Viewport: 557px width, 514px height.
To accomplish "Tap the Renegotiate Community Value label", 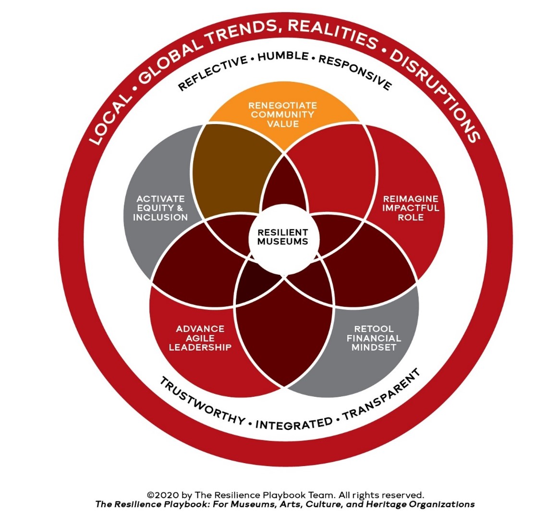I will pos(282,115).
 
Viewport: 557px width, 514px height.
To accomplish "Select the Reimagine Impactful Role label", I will pos(410,208).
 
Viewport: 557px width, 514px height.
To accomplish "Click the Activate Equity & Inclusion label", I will pos(160,208).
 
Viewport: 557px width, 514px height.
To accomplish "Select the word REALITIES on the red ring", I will pos(331,33).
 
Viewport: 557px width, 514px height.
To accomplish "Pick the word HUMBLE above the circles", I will pos(283,57).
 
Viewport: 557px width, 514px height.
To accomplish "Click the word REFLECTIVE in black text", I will pos(213,73).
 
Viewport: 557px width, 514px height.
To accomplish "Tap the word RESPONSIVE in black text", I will pos(355,73).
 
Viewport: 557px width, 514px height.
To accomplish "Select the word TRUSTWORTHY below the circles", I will pos(202,402).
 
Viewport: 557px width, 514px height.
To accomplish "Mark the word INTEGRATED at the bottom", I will pos(294,423).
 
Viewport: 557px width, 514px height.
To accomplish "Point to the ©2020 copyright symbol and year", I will pos(159,495).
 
